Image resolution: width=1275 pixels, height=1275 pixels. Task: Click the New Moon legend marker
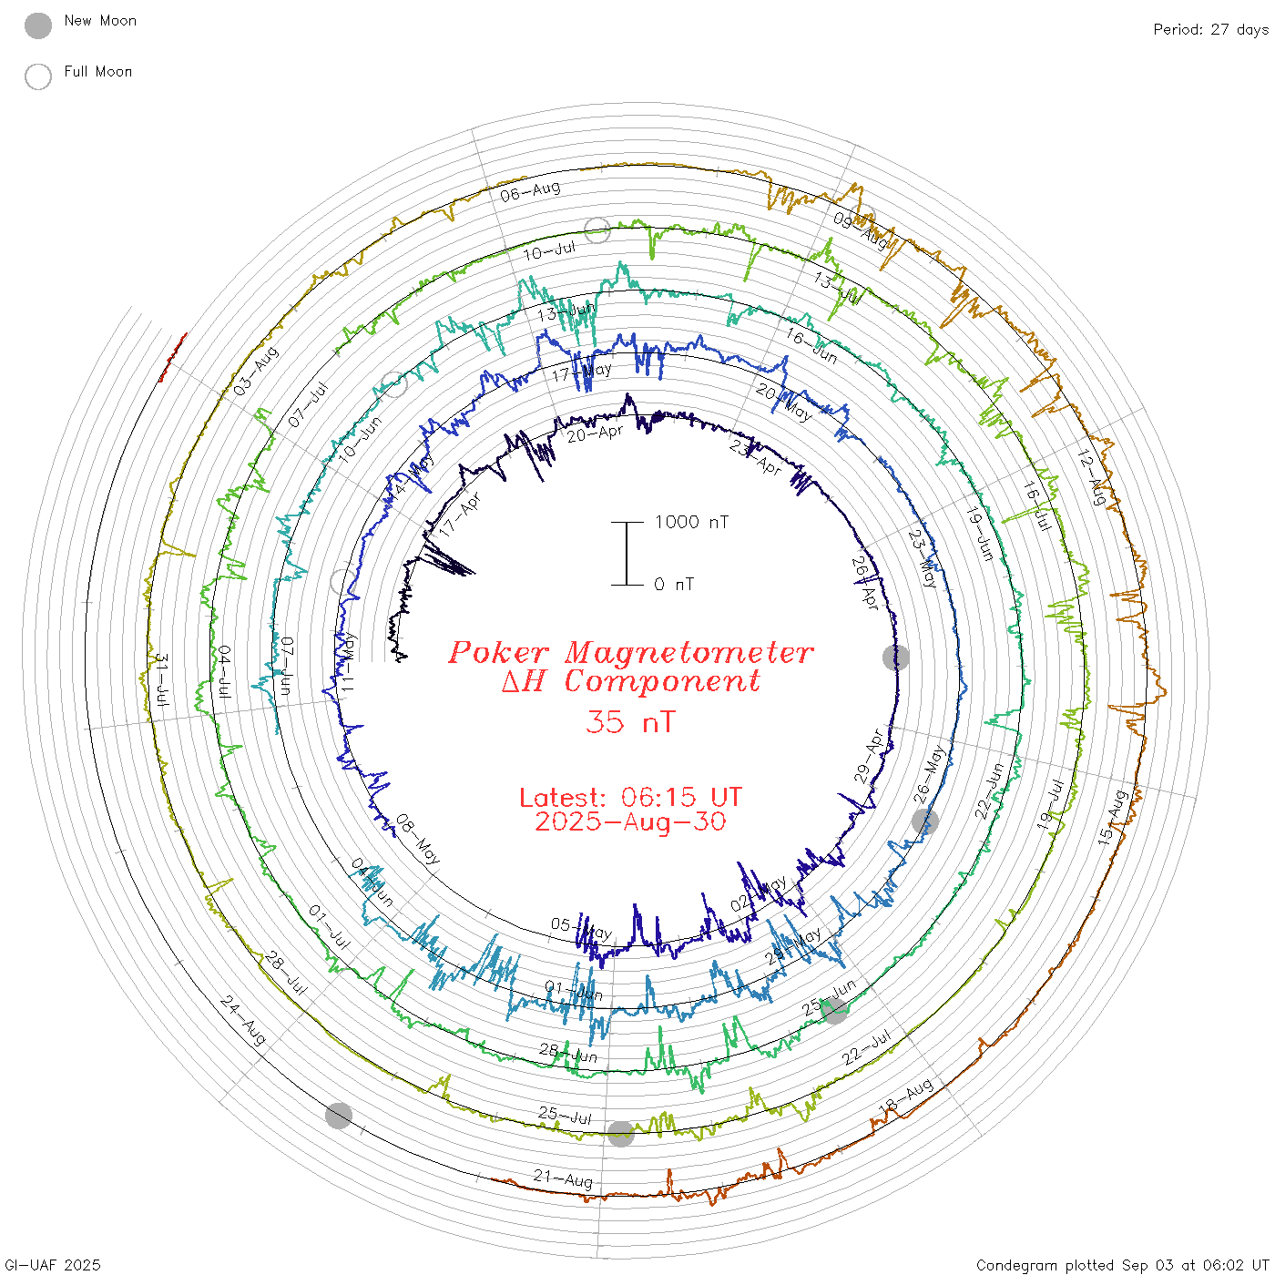coord(38,25)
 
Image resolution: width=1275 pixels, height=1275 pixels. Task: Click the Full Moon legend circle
coord(38,76)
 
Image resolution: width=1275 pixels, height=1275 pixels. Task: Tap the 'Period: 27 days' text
coord(1210,29)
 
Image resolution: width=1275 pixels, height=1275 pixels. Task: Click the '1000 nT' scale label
coord(691,522)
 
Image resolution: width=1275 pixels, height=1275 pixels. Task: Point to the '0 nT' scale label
coord(673,584)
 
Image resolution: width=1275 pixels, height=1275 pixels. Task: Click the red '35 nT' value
coord(630,722)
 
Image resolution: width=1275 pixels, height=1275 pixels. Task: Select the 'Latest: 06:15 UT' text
coord(630,798)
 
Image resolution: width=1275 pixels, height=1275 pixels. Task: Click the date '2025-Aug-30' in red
coord(630,821)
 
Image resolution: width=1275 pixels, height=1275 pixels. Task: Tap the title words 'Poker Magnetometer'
coord(630,652)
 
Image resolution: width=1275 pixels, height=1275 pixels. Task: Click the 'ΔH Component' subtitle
coord(630,681)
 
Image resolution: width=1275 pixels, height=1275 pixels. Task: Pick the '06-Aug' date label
coord(530,191)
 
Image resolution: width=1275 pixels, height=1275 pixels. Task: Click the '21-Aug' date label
coord(564,1179)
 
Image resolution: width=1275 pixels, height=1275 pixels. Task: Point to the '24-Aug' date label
coord(243,1020)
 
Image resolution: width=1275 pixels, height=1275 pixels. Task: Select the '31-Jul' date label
coord(161,680)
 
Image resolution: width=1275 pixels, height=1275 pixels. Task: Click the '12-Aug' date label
coord(1091,477)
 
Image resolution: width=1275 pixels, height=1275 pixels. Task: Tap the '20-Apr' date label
coord(595,433)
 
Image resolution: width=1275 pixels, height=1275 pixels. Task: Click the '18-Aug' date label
coord(905,1095)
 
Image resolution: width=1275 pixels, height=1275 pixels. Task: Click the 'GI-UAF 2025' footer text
coord(53,1265)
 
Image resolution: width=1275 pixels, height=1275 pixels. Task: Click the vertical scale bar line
coord(627,554)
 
